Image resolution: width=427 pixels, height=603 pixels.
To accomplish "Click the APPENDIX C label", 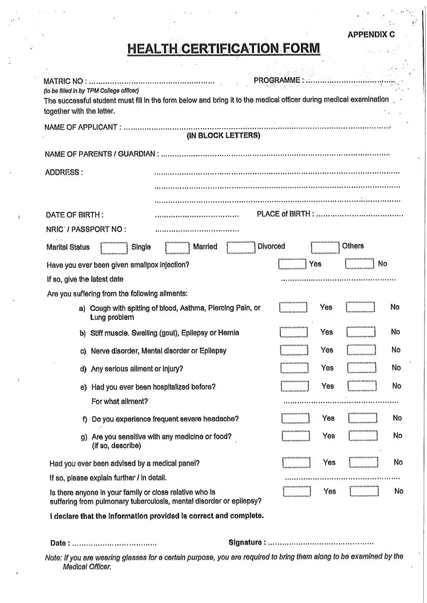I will [x=371, y=34].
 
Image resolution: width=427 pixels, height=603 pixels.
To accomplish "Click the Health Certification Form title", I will [x=223, y=49].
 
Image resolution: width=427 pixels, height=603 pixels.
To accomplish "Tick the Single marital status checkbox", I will [x=114, y=248].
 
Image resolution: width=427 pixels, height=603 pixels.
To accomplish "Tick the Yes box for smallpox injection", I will [x=292, y=264].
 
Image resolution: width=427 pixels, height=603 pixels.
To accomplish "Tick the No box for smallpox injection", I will [x=360, y=264].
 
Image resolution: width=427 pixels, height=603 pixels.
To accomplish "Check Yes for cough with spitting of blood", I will [x=293, y=308].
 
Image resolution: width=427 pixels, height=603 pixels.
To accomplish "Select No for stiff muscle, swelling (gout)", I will [x=361, y=332].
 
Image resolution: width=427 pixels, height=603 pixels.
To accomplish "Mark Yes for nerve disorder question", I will [x=294, y=350].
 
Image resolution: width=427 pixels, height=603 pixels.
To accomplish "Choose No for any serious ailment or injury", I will [x=361, y=368].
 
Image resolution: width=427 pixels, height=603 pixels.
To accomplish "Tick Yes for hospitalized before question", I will [x=295, y=386].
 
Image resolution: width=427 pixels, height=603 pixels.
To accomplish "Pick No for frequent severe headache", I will [x=363, y=418].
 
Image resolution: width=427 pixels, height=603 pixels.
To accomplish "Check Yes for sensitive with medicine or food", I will [x=296, y=436].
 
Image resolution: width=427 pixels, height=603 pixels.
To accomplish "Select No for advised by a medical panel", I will [x=364, y=463].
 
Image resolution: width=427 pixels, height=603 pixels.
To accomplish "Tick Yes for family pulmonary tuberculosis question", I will [x=297, y=491].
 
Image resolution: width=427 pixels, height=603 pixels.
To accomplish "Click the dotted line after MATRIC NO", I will [x=152, y=81].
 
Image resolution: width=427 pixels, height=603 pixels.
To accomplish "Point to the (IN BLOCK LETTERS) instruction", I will [x=223, y=136].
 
